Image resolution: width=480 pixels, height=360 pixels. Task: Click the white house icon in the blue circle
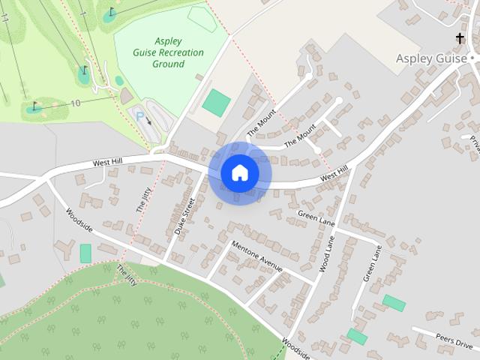239,173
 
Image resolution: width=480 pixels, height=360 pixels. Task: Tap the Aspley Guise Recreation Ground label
169,52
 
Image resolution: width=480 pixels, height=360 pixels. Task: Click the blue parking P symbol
139,115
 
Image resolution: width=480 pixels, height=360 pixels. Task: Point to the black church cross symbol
459,37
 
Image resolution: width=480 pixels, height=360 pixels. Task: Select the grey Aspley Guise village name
432,58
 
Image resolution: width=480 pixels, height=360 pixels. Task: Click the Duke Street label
184,217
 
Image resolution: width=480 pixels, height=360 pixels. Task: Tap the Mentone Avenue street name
256,255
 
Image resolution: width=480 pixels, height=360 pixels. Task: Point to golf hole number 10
76,103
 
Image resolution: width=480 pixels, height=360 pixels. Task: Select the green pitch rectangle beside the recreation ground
216,103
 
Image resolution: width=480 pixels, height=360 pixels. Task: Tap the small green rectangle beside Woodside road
85,253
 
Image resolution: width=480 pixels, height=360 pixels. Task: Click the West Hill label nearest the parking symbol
112,161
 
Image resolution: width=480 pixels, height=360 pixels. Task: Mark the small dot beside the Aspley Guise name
473,58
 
